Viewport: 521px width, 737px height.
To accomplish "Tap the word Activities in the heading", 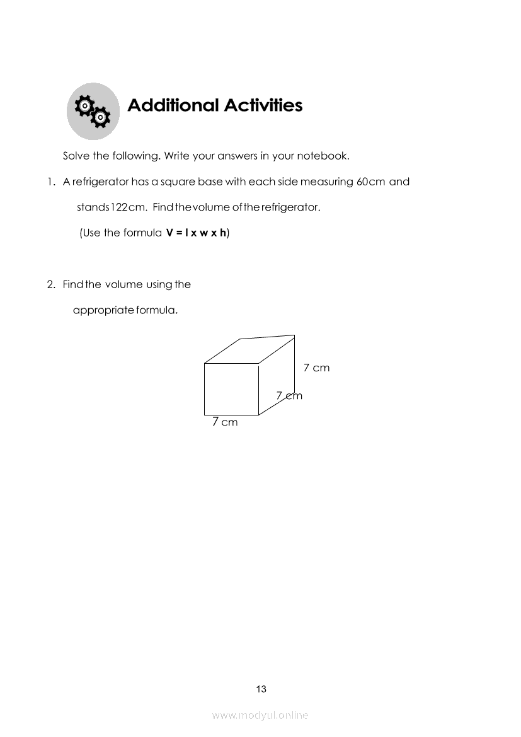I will [x=263, y=105].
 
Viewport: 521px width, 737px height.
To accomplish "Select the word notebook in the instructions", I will [x=322, y=156].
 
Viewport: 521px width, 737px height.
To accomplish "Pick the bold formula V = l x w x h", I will [x=196, y=233].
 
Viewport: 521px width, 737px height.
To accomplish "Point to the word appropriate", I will [x=103, y=310].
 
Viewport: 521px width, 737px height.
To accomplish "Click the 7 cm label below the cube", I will [x=225, y=422].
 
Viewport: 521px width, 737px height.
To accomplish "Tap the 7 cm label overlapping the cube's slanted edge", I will [x=289, y=396].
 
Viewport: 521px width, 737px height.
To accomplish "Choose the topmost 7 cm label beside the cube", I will [x=316, y=368].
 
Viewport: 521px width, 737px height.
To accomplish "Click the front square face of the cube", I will [x=231, y=389].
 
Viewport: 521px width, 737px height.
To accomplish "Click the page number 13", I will [x=261, y=689].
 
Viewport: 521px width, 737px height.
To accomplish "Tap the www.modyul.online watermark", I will [x=260, y=715].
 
